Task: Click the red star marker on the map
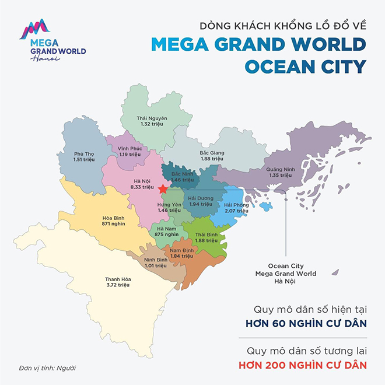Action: [163, 189]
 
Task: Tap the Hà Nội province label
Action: [142, 180]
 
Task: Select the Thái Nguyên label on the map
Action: [152, 118]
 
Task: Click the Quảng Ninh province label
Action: [278, 169]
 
